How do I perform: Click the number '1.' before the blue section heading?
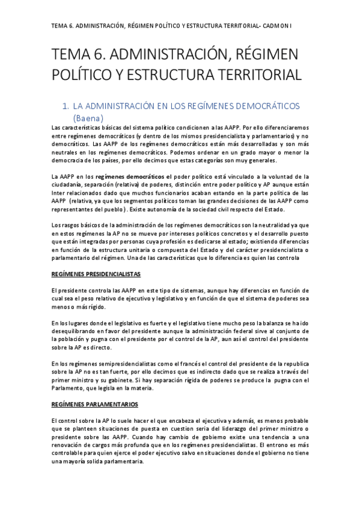coord(84,106)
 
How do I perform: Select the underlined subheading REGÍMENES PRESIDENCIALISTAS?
coord(96,274)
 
